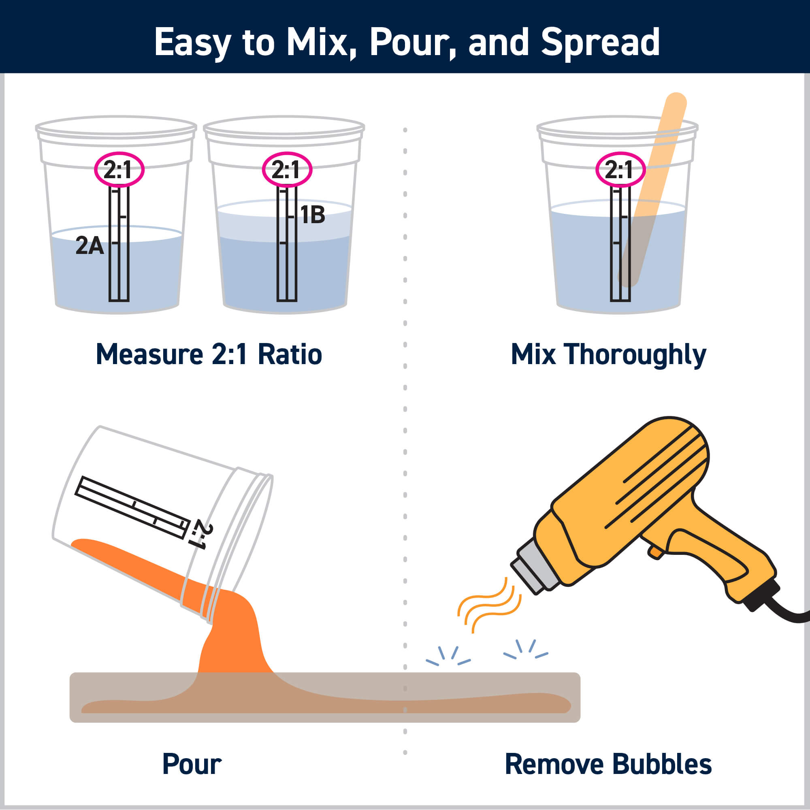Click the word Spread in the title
point(600,43)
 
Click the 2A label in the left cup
point(89,246)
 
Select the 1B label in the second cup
point(313,215)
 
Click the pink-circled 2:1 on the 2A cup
point(119,170)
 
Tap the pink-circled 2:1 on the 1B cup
point(287,170)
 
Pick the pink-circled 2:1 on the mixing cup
point(620,170)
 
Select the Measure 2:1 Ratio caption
point(209,355)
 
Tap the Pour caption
point(192,764)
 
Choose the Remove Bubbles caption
point(608,764)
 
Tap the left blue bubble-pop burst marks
point(448,657)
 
